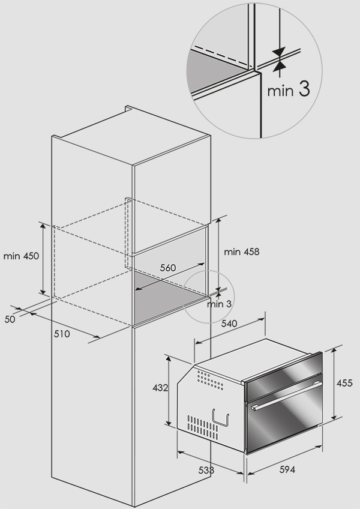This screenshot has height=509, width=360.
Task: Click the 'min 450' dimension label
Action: tap(21, 256)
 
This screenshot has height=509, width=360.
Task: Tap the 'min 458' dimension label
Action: tap(242, 251)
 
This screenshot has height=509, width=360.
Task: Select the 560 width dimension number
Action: tap(168, 268)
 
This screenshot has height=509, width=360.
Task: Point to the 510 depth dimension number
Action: tap(62, 334)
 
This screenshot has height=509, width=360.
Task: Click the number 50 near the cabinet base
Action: tap(10, 319)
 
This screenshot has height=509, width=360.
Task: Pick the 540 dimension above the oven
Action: tap(229, 324)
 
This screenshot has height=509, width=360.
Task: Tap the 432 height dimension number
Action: tap(160, 388)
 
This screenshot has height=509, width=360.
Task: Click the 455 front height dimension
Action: tap(344, 384)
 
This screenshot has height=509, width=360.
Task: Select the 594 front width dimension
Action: tap(287, 469)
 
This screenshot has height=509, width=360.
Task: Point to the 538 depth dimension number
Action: tap(206, 470)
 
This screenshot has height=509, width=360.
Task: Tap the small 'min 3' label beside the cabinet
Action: tap(220, 304)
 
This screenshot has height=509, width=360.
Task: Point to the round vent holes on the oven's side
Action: tap(210, 380)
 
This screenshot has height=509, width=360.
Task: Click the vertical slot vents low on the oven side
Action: tap(203, 424)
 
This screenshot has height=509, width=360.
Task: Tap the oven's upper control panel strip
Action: tap(283, 375)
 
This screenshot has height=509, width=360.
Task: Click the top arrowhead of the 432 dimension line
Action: tap(168, 359)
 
